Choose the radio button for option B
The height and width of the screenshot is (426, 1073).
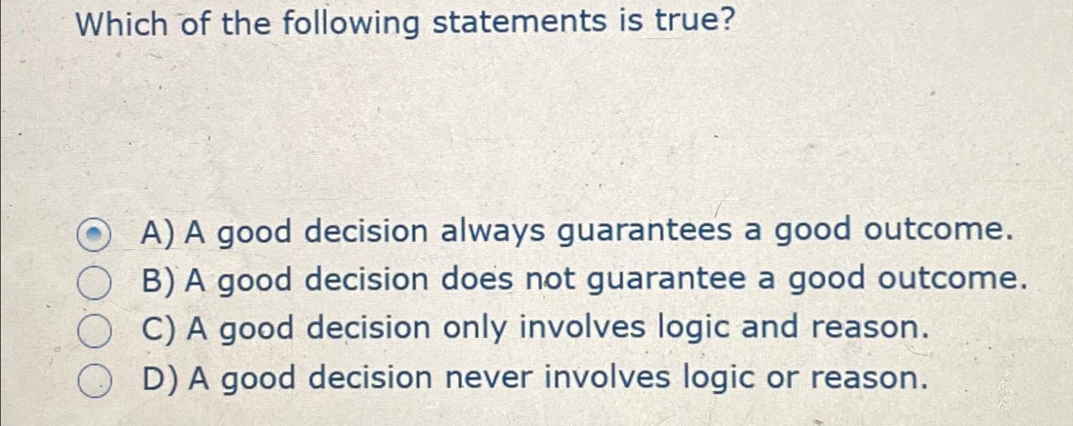click(94, 283)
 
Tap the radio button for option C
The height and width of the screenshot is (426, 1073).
click(95, 331)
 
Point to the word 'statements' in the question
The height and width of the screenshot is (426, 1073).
click(519, 22)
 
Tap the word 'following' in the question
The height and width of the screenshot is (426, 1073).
click(351, 23)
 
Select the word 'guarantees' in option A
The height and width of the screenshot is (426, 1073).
click(645, 231)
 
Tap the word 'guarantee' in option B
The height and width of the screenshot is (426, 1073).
click(666, 280)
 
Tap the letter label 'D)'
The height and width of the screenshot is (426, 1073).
click(161, 378)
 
